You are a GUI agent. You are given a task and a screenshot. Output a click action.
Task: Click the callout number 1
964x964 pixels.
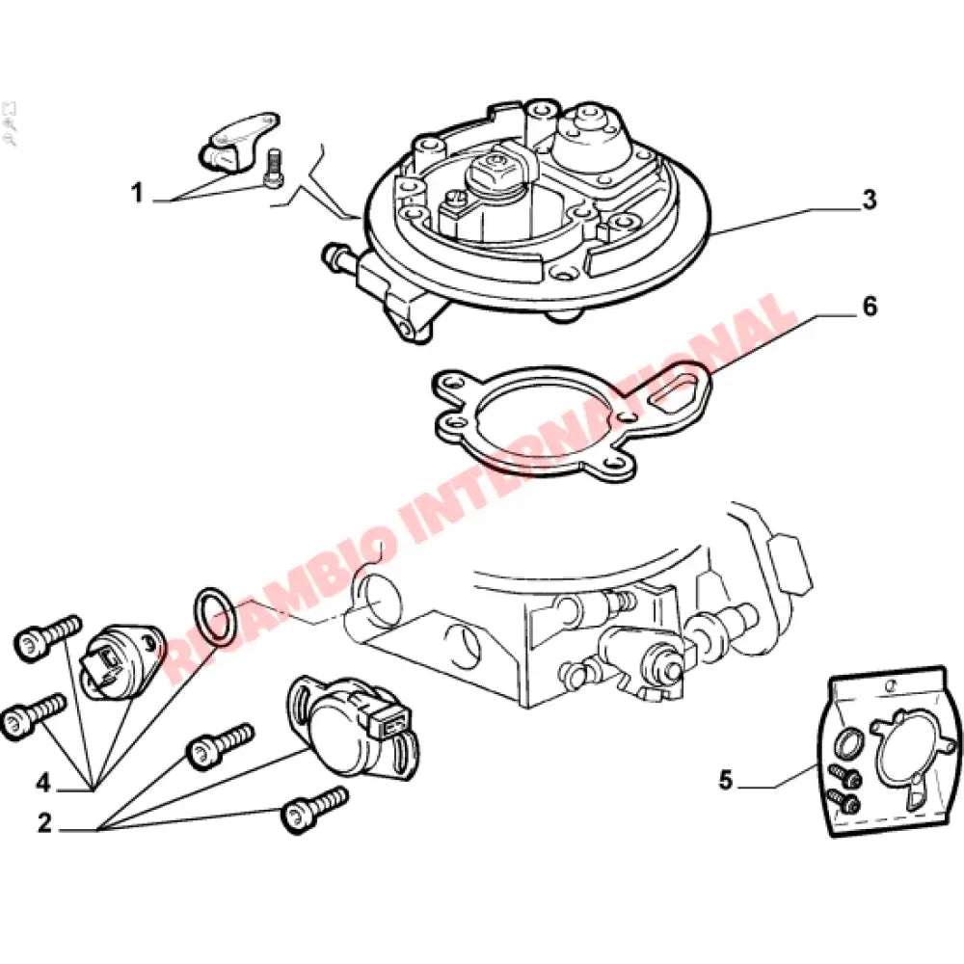coord(137,194)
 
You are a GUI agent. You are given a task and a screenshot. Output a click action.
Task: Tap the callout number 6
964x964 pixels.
coord(869,307)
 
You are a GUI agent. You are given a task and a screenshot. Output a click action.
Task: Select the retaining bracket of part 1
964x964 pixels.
coord(237,138)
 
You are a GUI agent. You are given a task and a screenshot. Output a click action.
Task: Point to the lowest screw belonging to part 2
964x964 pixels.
coord(313,808)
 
